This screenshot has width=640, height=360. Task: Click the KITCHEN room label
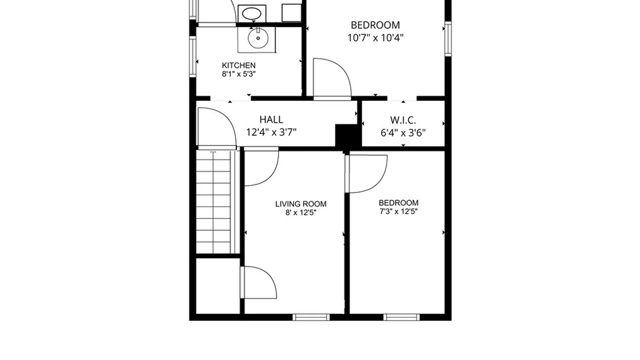coord(239,65)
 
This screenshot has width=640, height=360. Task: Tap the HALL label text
coord(271,119)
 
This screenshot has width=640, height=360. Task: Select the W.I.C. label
coord(403,120)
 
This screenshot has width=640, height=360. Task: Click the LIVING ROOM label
coord(301,204)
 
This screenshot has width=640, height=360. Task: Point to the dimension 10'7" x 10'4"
coord(375,38)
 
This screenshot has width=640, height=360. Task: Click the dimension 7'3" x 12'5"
coord(399,211)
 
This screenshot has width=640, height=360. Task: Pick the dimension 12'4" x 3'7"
coord(271,132)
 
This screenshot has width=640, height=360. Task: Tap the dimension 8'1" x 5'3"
coord(239,74)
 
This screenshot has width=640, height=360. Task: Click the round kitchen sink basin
coord(258,38)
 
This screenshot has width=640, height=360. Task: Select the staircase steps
coord(213,202)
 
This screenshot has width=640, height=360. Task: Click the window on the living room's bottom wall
coord(311,317)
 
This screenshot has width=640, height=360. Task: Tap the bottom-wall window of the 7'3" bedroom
coord(401,317)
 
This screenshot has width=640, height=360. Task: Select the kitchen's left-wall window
coord(193,57)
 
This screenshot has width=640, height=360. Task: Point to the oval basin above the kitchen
coord(252,14)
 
